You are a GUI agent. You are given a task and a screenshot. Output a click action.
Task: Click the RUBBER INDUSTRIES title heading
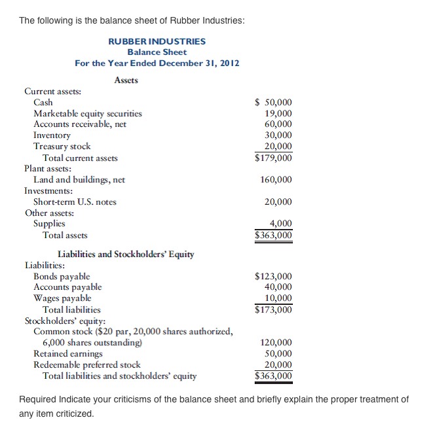(157, 41)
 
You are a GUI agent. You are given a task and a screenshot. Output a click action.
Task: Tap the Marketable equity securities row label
(87, 113)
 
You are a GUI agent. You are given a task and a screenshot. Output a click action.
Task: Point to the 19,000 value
(278, 113)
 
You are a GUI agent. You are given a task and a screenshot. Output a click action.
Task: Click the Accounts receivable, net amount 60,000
(278, 124)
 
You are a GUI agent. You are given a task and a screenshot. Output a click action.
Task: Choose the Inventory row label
(52, 135)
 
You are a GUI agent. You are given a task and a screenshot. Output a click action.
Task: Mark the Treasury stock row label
(62, 147)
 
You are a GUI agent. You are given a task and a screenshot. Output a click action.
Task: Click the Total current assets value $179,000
(273, 158)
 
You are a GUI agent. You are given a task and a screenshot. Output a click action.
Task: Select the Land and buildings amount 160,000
(276, 180)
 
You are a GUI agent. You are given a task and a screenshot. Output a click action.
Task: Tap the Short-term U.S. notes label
(75, 202)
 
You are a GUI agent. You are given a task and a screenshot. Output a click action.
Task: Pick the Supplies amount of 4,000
(280, 224)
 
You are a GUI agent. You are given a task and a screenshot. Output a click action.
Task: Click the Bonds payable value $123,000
(273, 277)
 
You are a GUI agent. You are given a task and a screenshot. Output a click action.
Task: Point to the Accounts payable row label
(67, 287)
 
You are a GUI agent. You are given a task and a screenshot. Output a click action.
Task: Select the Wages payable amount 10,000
(278, 298)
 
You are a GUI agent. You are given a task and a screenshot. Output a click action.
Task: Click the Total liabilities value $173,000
(273, 309)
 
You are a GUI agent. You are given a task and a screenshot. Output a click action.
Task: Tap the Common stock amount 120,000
(276, 343)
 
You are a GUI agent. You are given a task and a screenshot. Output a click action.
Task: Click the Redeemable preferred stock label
(86, 365)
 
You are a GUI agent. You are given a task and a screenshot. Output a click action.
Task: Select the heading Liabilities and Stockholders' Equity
(126, 254)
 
